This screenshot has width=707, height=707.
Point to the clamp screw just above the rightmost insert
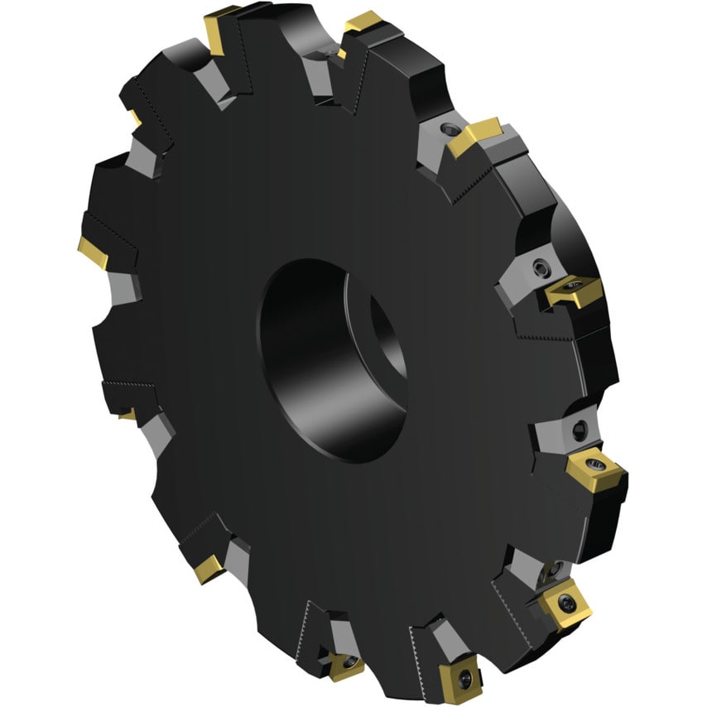579,428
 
